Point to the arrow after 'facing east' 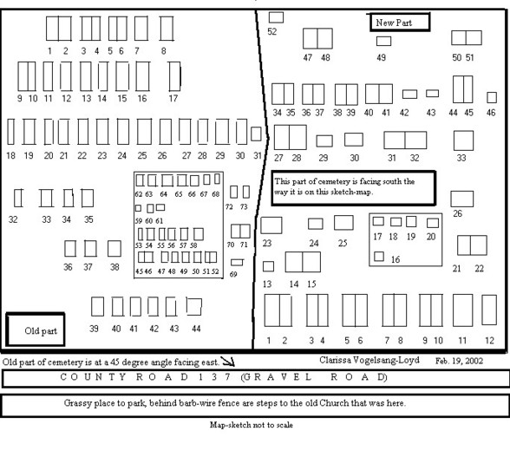click(227, 361)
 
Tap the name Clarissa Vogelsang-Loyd click(369, 360)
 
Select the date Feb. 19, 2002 click(459, 361)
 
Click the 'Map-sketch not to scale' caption click(252, 425)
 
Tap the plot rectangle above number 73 click(246, 192)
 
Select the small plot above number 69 click(237, 262)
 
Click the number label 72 click(229, 207)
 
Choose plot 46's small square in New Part click(492, 97)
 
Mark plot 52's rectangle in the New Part click(276, 17)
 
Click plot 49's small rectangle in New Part click(383, 41)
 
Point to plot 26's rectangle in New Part click(461, 199)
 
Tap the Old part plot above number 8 click(167, 29)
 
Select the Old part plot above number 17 click(174, 76)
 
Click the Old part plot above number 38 click(114, 249)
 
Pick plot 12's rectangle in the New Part click(489, 310)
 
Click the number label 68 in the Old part click(216, 194)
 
